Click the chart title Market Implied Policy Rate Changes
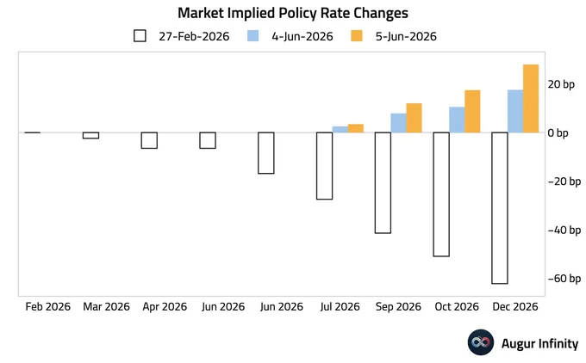pos(293,13)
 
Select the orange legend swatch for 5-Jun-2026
pos(357,36)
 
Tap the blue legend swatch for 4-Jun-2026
pos(252,36)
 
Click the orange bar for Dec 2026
pos(531,98)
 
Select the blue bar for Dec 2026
pos(515,111)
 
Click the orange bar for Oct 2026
pos(472,111)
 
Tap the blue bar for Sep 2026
pos(399,123)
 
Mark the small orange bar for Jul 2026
pos(356,128)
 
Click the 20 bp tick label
pos(561,84)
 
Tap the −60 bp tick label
pos(564,279)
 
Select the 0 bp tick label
pos(558,132)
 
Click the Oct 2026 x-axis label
pos(457,307)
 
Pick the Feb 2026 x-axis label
pos(48,307)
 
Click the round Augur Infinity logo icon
pos(481,342)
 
